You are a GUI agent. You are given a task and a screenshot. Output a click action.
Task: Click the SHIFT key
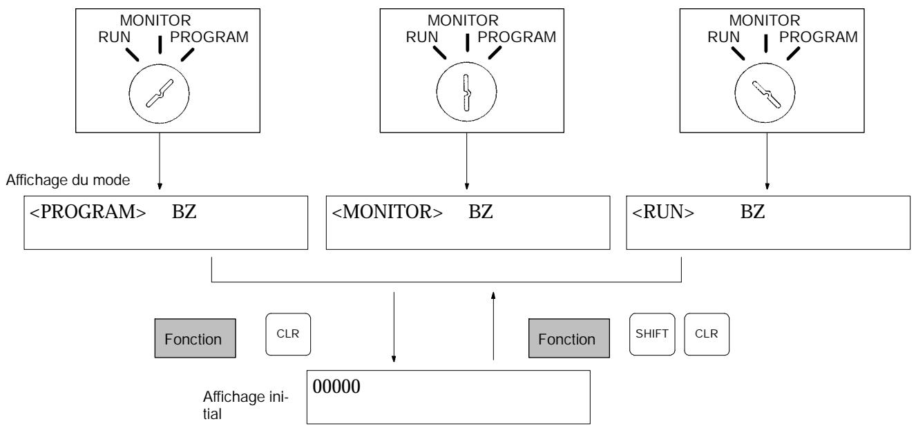point(652,334)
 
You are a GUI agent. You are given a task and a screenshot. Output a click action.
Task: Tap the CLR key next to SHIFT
point(706,334)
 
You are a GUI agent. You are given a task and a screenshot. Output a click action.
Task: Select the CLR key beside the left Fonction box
point(288,334)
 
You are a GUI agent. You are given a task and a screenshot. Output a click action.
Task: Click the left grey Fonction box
point(195,338)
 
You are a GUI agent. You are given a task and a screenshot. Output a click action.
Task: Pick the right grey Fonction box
point(569,338)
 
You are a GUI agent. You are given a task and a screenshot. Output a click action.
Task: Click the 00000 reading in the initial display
point(336,387)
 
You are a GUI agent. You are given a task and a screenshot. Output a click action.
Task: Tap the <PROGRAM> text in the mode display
point(88,212)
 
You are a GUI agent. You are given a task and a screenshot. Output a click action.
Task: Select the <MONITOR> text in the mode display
point(387,212)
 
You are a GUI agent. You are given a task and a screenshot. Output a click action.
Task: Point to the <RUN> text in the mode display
point(663,212)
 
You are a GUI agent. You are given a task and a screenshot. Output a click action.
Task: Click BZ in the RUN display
point(752,212)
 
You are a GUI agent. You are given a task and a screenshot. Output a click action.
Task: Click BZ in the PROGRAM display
point(184,212)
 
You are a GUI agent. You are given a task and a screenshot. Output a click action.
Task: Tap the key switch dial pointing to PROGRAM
point(159,94)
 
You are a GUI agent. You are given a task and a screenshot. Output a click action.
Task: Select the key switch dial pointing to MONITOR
point(466,93)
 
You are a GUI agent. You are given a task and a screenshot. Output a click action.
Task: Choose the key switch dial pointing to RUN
point(765,93)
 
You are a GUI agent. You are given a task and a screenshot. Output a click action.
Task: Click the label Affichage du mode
point(68,180)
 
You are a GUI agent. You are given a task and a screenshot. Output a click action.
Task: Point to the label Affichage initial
point(245,405)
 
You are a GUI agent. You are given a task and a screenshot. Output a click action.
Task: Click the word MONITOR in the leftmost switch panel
point(155,21)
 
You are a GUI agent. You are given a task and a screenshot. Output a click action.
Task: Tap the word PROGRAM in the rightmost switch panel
point(819,37)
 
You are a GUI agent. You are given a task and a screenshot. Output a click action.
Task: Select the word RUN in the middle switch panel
point(421,37)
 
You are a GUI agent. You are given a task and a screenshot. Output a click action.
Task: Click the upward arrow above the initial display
point(493,326)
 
